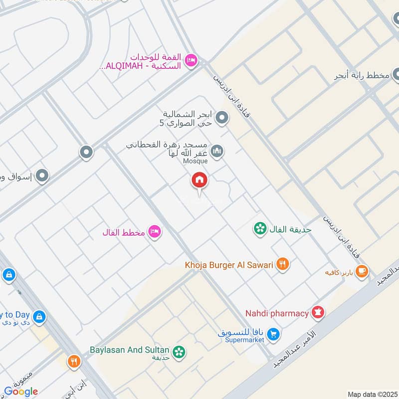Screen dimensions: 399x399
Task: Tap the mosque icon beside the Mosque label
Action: coord(216,151)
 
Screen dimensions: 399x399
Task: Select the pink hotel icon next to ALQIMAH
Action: coord(191,61)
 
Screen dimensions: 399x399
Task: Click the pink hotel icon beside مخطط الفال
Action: coord(155,232)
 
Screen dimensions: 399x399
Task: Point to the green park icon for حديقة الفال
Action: coord(259,229)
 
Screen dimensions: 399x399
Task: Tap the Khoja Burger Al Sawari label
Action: coord(229,265)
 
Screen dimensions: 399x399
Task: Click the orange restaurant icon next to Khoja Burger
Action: coord(283,264)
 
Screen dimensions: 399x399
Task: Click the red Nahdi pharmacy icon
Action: coord(318,313)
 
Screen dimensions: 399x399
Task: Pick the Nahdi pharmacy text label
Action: coord(277,313)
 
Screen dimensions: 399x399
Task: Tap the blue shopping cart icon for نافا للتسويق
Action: coord(272,334)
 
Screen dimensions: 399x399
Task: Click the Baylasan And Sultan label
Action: coord(130,350)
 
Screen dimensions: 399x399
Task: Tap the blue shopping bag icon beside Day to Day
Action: coord(38,316)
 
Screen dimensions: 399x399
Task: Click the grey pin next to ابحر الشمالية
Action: coord(222,118)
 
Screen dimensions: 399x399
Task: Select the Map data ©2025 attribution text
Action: coord(372,394)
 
